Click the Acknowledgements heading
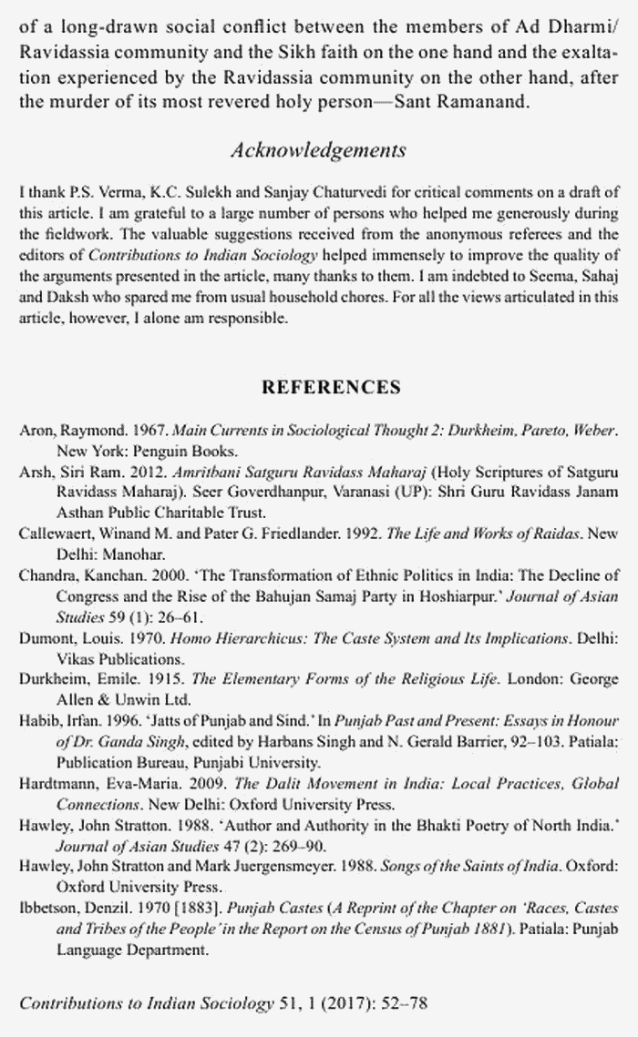(x=318, y=149)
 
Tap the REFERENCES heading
(x=331, y=387)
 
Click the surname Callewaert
(x=58, y=534)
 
